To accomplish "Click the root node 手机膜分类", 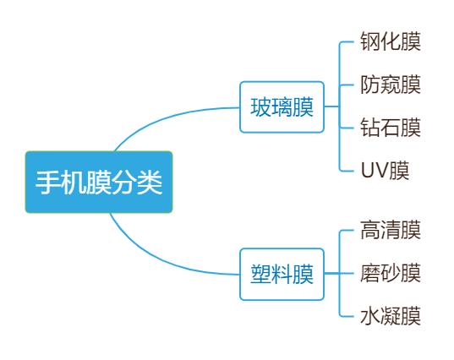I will pos(98,182).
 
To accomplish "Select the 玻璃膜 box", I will pos(282,108).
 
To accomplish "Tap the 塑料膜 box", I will pos(282,275).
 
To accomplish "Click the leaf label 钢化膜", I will pos(390,41).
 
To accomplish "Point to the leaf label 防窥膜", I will pos(390,85).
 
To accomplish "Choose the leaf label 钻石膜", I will pos(390,128).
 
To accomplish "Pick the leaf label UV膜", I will pos(385,171).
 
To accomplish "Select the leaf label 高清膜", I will pos(390,230).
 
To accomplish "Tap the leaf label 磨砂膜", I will pos(390,273).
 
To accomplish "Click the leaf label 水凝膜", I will pos(390,317).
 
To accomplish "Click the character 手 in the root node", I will pos(47,182).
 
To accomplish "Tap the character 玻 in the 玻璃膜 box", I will pos(261,108).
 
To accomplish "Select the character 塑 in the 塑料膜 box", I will pos(261,275).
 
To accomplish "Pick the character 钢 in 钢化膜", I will pos(369,41).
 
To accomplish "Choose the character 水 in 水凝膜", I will pos(369,317).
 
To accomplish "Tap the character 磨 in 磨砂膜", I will pos(369,273).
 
